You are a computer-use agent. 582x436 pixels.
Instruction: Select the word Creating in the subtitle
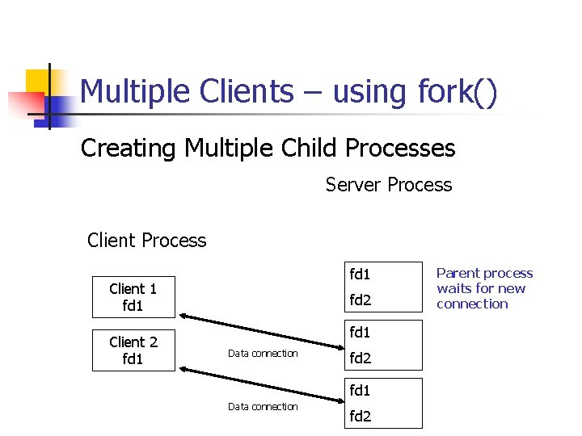point(129,149)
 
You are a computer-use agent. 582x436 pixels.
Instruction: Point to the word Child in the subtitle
point(307,149)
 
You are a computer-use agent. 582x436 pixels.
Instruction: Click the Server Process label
point(389,185)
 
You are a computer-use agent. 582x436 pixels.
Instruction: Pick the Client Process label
point(146,241)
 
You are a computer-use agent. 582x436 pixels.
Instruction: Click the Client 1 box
point(133,297)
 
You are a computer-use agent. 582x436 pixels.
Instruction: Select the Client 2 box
point(133,350)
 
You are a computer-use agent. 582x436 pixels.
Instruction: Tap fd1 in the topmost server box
point(360,274)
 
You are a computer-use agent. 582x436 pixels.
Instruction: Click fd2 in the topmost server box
point(360,300)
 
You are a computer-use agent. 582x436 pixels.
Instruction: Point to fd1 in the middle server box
point(360,332)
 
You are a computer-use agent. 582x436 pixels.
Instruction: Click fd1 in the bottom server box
point(360,390)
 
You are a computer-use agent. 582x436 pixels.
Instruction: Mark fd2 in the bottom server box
point(360,417)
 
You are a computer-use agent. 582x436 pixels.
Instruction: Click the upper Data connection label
point(263,354)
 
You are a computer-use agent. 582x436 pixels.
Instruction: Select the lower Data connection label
point(263,407)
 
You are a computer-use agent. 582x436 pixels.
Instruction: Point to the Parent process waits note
point(484,288)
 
